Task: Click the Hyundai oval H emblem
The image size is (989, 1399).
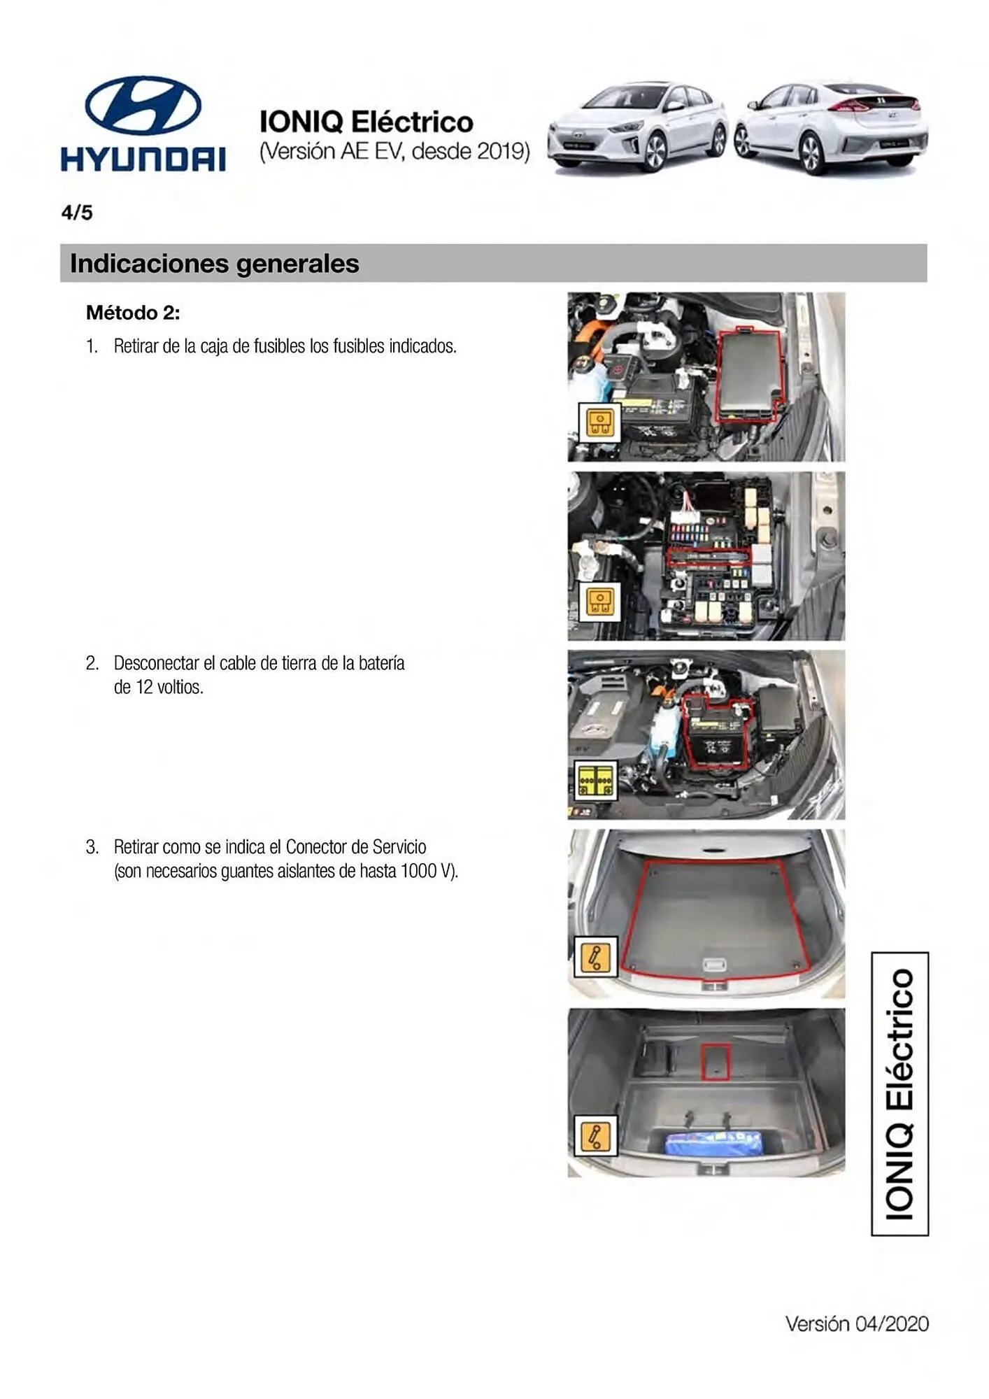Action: (x=143, y=105)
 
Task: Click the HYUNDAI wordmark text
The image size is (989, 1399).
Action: (x=143, y=159)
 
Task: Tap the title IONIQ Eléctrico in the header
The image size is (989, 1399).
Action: (x=367, y=122)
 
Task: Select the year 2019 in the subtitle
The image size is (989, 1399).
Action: (x=501, y=151)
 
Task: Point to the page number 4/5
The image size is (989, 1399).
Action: (x=77, y=213)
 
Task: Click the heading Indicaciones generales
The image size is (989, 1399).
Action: (x=215, y=264)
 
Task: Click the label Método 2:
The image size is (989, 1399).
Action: (x=133, y=313)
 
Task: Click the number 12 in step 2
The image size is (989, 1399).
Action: (x=145, y=687)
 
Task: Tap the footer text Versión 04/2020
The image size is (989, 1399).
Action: (x=857, y=1323)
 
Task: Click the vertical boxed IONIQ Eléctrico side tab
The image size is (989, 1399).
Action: (x=899, y=1094)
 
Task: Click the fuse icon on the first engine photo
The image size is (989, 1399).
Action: (x=599, y=422)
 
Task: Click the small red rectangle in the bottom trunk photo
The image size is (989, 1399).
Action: (x=716, y=1062)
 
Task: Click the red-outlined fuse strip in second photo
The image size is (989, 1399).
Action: (x=709, y=558)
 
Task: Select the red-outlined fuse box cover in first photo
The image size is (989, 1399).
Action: (x=748, y=376)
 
